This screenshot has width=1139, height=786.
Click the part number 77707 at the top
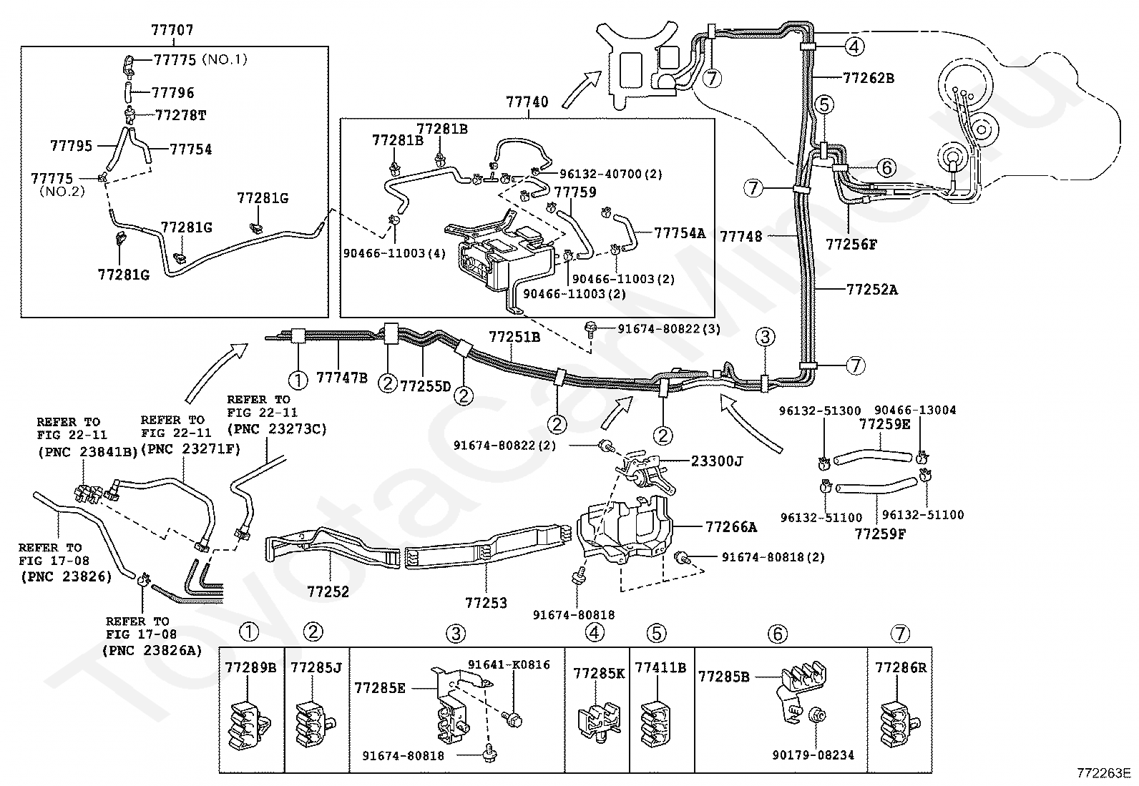(x=172, y=31)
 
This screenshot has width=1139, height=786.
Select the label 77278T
(x=180, y=115)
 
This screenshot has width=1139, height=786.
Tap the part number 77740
(x=527, y=102)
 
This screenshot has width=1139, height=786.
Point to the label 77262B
(x=869, y=78)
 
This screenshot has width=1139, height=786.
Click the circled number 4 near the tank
(x=854, y=47)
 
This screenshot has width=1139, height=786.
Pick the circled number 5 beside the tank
(x=824, y=104)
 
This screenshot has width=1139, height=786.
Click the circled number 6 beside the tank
(x=886, y=167)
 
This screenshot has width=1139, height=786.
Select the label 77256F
(x=851, y=245)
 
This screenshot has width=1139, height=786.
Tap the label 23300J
(x=717, y=461)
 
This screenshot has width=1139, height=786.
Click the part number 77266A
(x=730, y=527)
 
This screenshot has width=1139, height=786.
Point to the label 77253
(x=486, y=603)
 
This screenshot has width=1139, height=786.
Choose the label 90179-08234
(x=813, y=755)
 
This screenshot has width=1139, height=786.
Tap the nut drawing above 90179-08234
(x=816, y=715)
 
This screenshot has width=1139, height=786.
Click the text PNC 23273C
(x=277, y=429)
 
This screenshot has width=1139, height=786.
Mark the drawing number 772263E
(x=1106, y=773)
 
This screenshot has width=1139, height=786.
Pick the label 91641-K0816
(x=509, y=665)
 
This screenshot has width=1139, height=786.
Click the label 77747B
(x=342, y=378)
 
